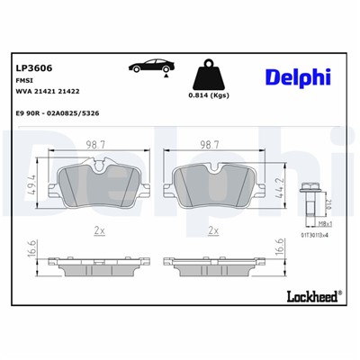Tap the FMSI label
click(24, 81)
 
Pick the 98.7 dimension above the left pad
click(94, 145)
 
